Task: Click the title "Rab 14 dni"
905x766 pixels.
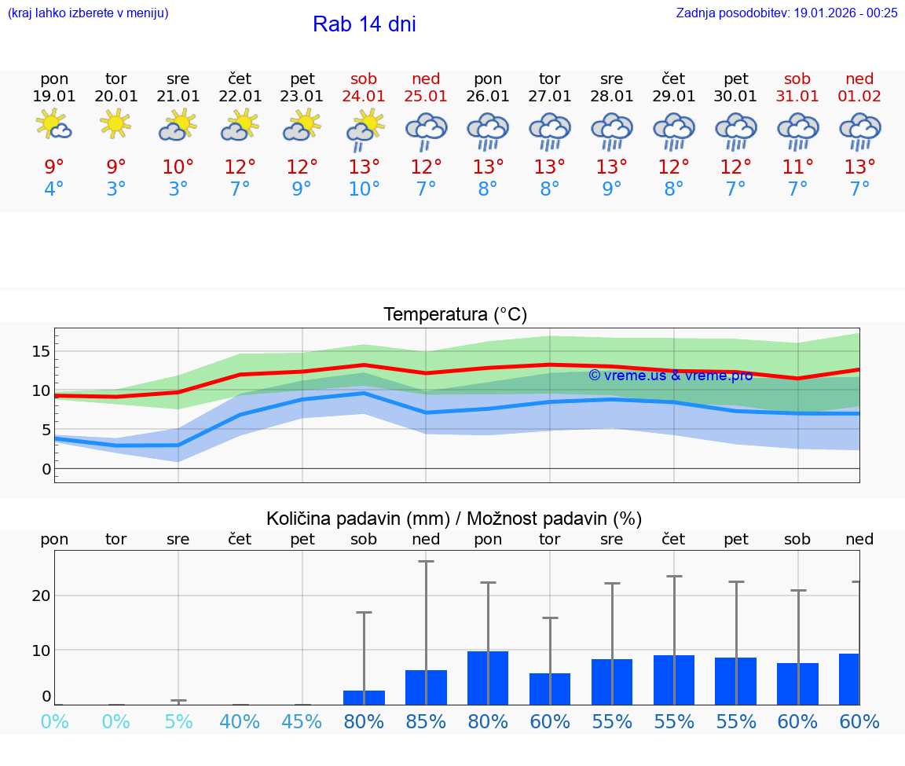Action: (x=364, y=24)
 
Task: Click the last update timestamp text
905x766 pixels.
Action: (x=786, y=13)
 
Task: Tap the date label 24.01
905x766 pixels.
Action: (x=364, y=96)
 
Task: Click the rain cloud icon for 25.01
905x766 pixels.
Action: (x=426, y=130)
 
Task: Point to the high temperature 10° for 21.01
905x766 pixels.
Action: (x=178, y=167)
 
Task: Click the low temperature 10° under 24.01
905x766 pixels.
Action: (x=364, y=189)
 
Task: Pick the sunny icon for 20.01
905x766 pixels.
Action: (x=116, y=123)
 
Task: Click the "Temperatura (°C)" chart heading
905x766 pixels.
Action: (x=455, y=314)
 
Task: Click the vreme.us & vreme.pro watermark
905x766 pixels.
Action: (x=670, y=376)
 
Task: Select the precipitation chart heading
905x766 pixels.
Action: (x=454, y=519)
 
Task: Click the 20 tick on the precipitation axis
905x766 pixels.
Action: (x=41, y=596)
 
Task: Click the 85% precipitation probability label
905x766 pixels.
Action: (x=426, y=721)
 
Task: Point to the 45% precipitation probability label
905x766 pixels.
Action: (x=302, y=721)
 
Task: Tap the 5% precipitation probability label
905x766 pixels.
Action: (x=178, y=721)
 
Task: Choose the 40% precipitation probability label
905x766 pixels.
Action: (x=240, y=721)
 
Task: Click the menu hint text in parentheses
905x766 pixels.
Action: (x=87, y=13)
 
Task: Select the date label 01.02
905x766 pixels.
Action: (x=859, y=96)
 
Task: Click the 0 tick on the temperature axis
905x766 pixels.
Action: (x=46, y=469)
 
